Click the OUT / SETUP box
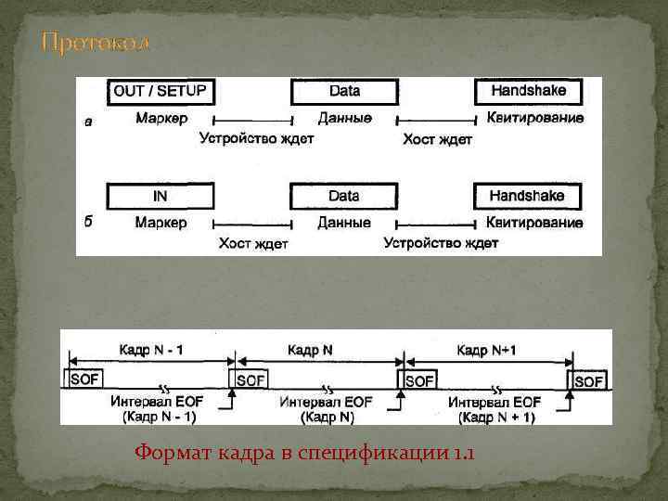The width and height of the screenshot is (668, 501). (x=161, y=92)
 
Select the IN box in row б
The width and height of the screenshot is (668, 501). (x=161, y=196)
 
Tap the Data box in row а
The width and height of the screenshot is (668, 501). (x=344, y=92)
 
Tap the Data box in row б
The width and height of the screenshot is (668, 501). (x=344, y=196)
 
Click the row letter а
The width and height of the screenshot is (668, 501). (x=88, y=122)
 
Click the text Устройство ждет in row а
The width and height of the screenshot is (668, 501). (x=256, y=139)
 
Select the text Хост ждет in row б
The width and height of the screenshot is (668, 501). (x=253, y=244)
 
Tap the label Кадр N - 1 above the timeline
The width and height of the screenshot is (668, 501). (x=150, y=350)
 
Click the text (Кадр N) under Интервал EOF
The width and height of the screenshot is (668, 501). (x=327, y=417)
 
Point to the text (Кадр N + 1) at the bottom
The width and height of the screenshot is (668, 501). (x=496, y=417)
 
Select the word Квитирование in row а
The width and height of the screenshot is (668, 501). (x=535, y=119)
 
